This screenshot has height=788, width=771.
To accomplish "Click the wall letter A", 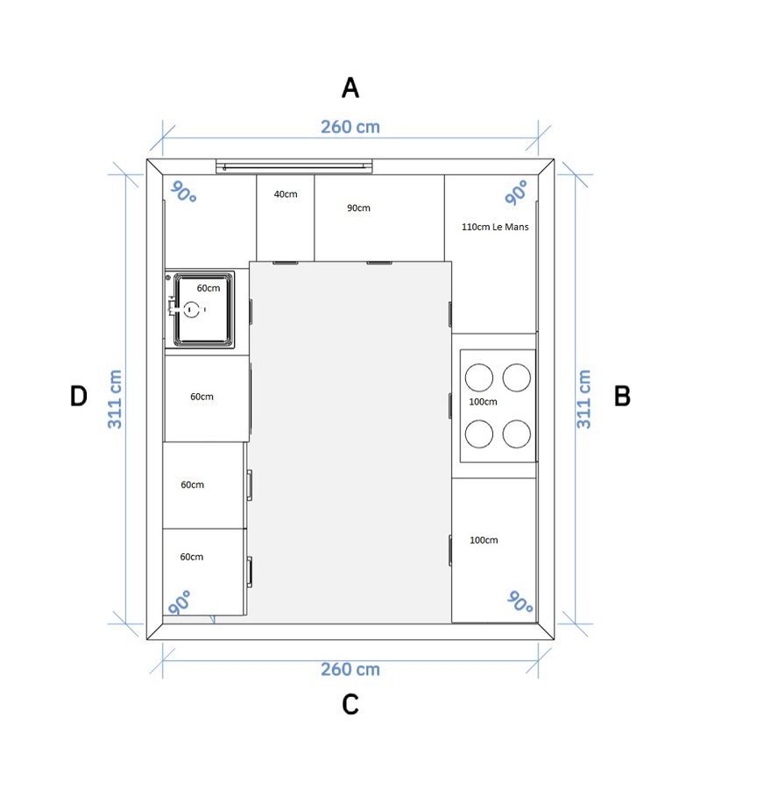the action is (x=350, y=88).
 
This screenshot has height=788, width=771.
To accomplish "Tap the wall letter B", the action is (x=622, y=396).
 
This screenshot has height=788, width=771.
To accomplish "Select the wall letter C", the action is (x=350, y=704).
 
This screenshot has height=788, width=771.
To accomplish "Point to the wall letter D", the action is (x=79, y=396).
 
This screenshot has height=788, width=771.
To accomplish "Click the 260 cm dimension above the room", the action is (x=350, y=127).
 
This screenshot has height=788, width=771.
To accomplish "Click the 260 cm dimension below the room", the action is (x=350, y=670).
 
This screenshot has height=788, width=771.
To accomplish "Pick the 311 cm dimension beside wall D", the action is (x=115, y=399).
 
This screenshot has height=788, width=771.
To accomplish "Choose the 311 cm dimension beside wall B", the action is (x=584, y=399).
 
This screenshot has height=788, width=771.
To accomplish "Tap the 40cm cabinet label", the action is (x=286, y=194).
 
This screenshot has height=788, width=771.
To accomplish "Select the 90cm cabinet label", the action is (x=358, y=208).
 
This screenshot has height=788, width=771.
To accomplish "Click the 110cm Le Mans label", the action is (x=495, y=227).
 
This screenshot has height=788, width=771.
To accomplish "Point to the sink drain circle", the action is (x=191, y=310).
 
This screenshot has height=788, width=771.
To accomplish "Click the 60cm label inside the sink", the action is (x=209, y=288).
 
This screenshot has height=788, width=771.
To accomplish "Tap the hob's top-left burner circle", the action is (x=478, y=377).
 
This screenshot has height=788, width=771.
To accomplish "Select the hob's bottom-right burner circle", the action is (x=517, y=433).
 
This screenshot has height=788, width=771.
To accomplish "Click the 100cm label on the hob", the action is (x=483, y=402).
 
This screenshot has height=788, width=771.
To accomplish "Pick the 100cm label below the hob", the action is (x=484, y=540).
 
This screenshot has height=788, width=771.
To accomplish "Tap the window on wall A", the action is (x=294, y=166).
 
